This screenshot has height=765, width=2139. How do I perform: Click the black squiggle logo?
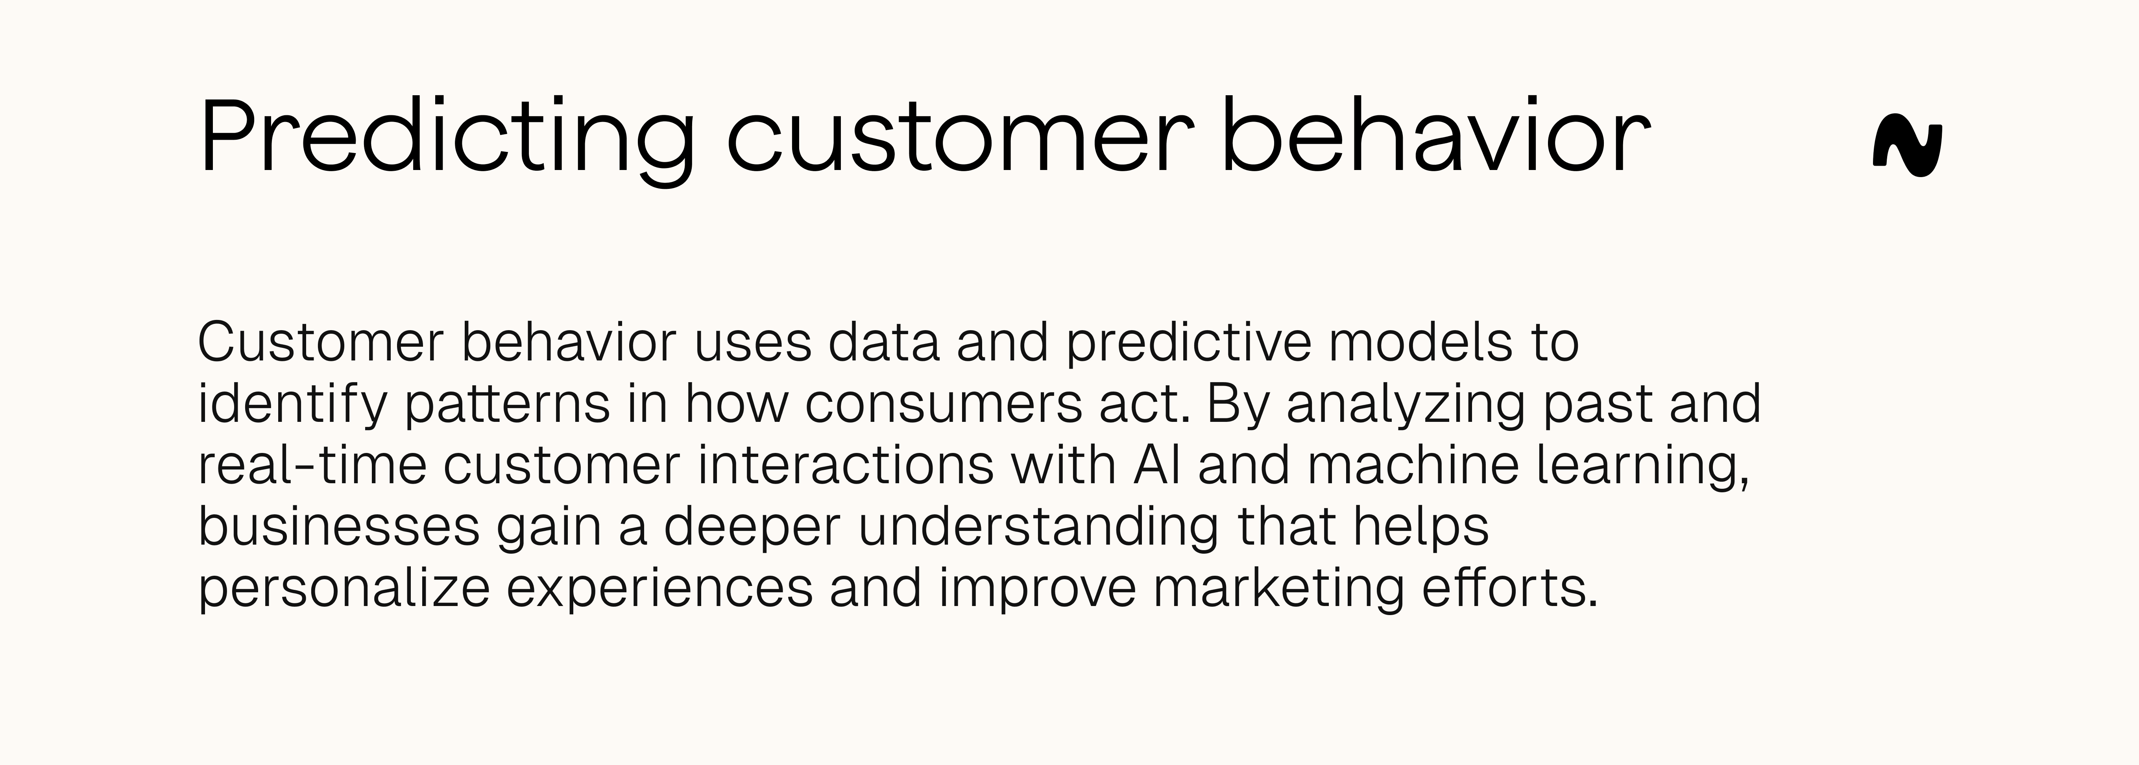pos(1907,150)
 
